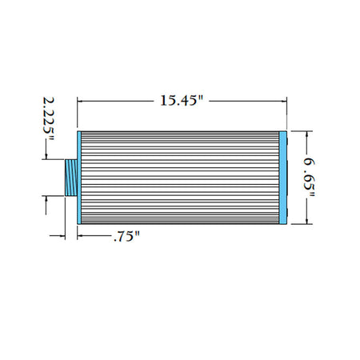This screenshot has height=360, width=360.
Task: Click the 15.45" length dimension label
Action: click(x=183, y=102)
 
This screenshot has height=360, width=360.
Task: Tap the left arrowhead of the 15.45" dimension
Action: click(x=81, y=102)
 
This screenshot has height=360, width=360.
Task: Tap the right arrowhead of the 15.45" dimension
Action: click(x=285, y=102)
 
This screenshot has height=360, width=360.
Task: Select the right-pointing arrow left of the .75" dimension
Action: click(x=60, y=236)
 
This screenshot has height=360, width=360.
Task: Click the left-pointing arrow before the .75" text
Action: click(x=81, y=236)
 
